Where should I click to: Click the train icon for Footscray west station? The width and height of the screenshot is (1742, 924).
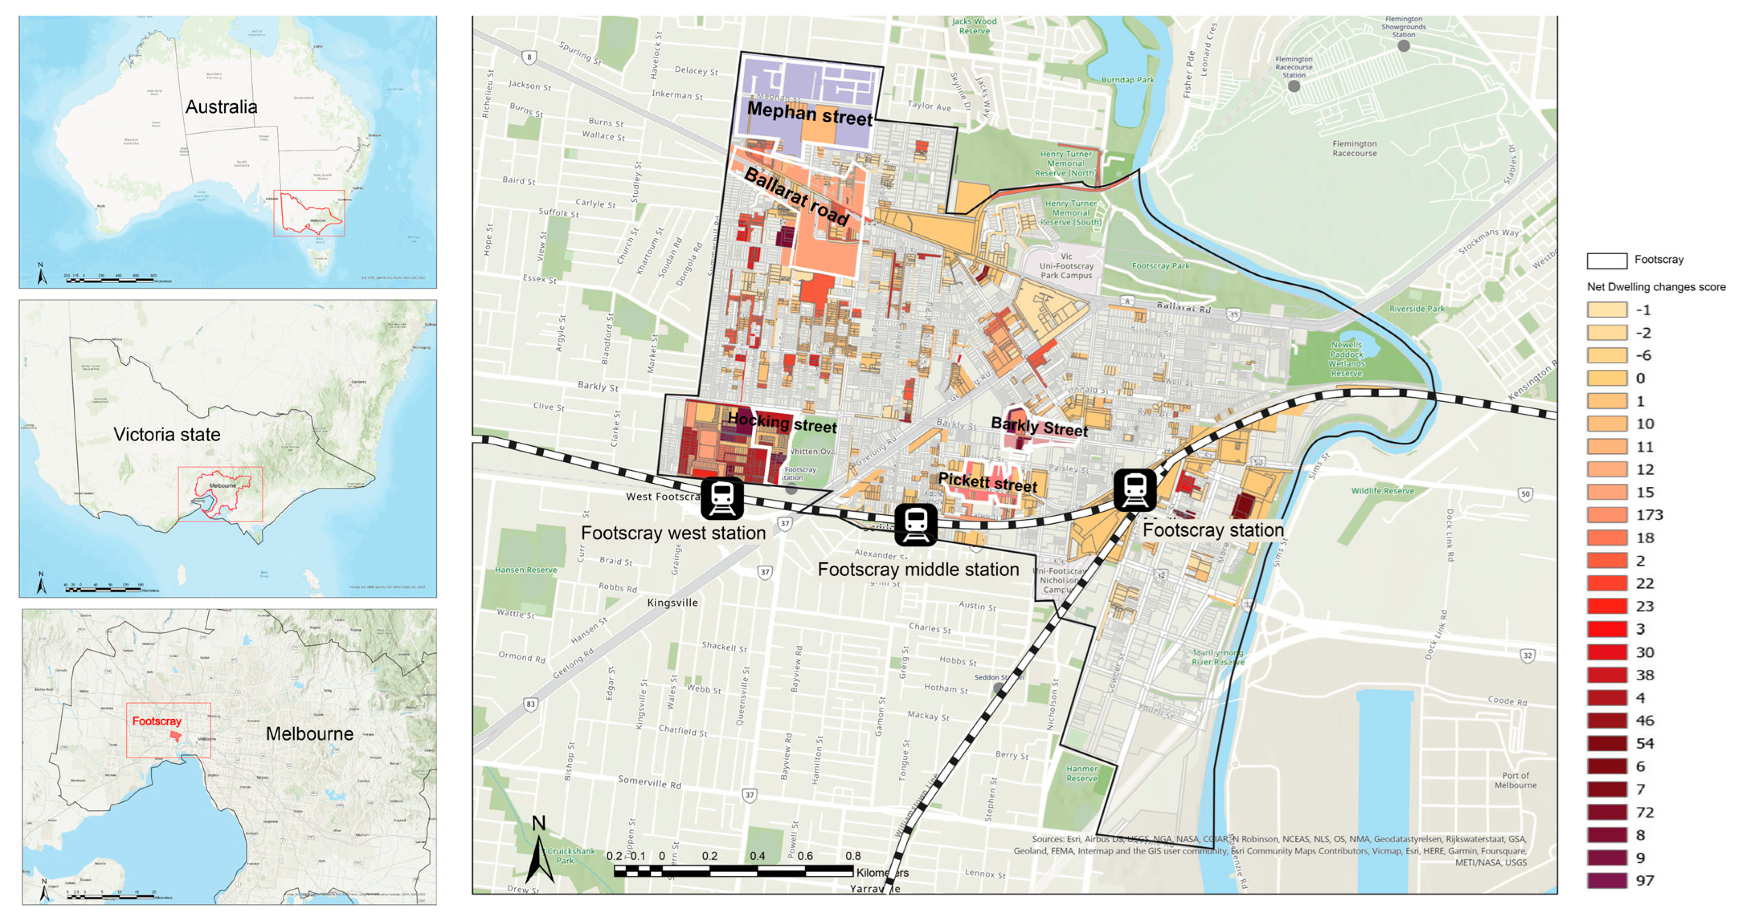pos(722,499)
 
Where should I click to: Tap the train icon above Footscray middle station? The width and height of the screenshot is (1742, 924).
pos(916,524)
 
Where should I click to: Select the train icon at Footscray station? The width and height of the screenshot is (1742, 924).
pos(1135,489)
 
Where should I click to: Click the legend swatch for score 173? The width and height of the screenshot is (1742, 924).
pos(1607,515)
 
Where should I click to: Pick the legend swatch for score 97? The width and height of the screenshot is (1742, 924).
pos(1607,881)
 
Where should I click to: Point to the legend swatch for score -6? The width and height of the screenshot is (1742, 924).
pos(1607,356)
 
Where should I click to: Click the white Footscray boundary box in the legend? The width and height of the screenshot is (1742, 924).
pos(1607,260)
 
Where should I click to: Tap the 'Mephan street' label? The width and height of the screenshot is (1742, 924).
pos(809,114)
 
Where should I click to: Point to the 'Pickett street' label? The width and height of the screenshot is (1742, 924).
pos(987,482)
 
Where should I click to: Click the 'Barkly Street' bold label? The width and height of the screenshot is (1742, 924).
pos(1039,427)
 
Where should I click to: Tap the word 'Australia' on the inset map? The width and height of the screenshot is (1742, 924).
pos(221,107)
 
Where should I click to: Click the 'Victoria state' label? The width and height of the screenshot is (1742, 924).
pos(167,435)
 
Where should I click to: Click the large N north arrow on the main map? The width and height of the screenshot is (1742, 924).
pos(540,852)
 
